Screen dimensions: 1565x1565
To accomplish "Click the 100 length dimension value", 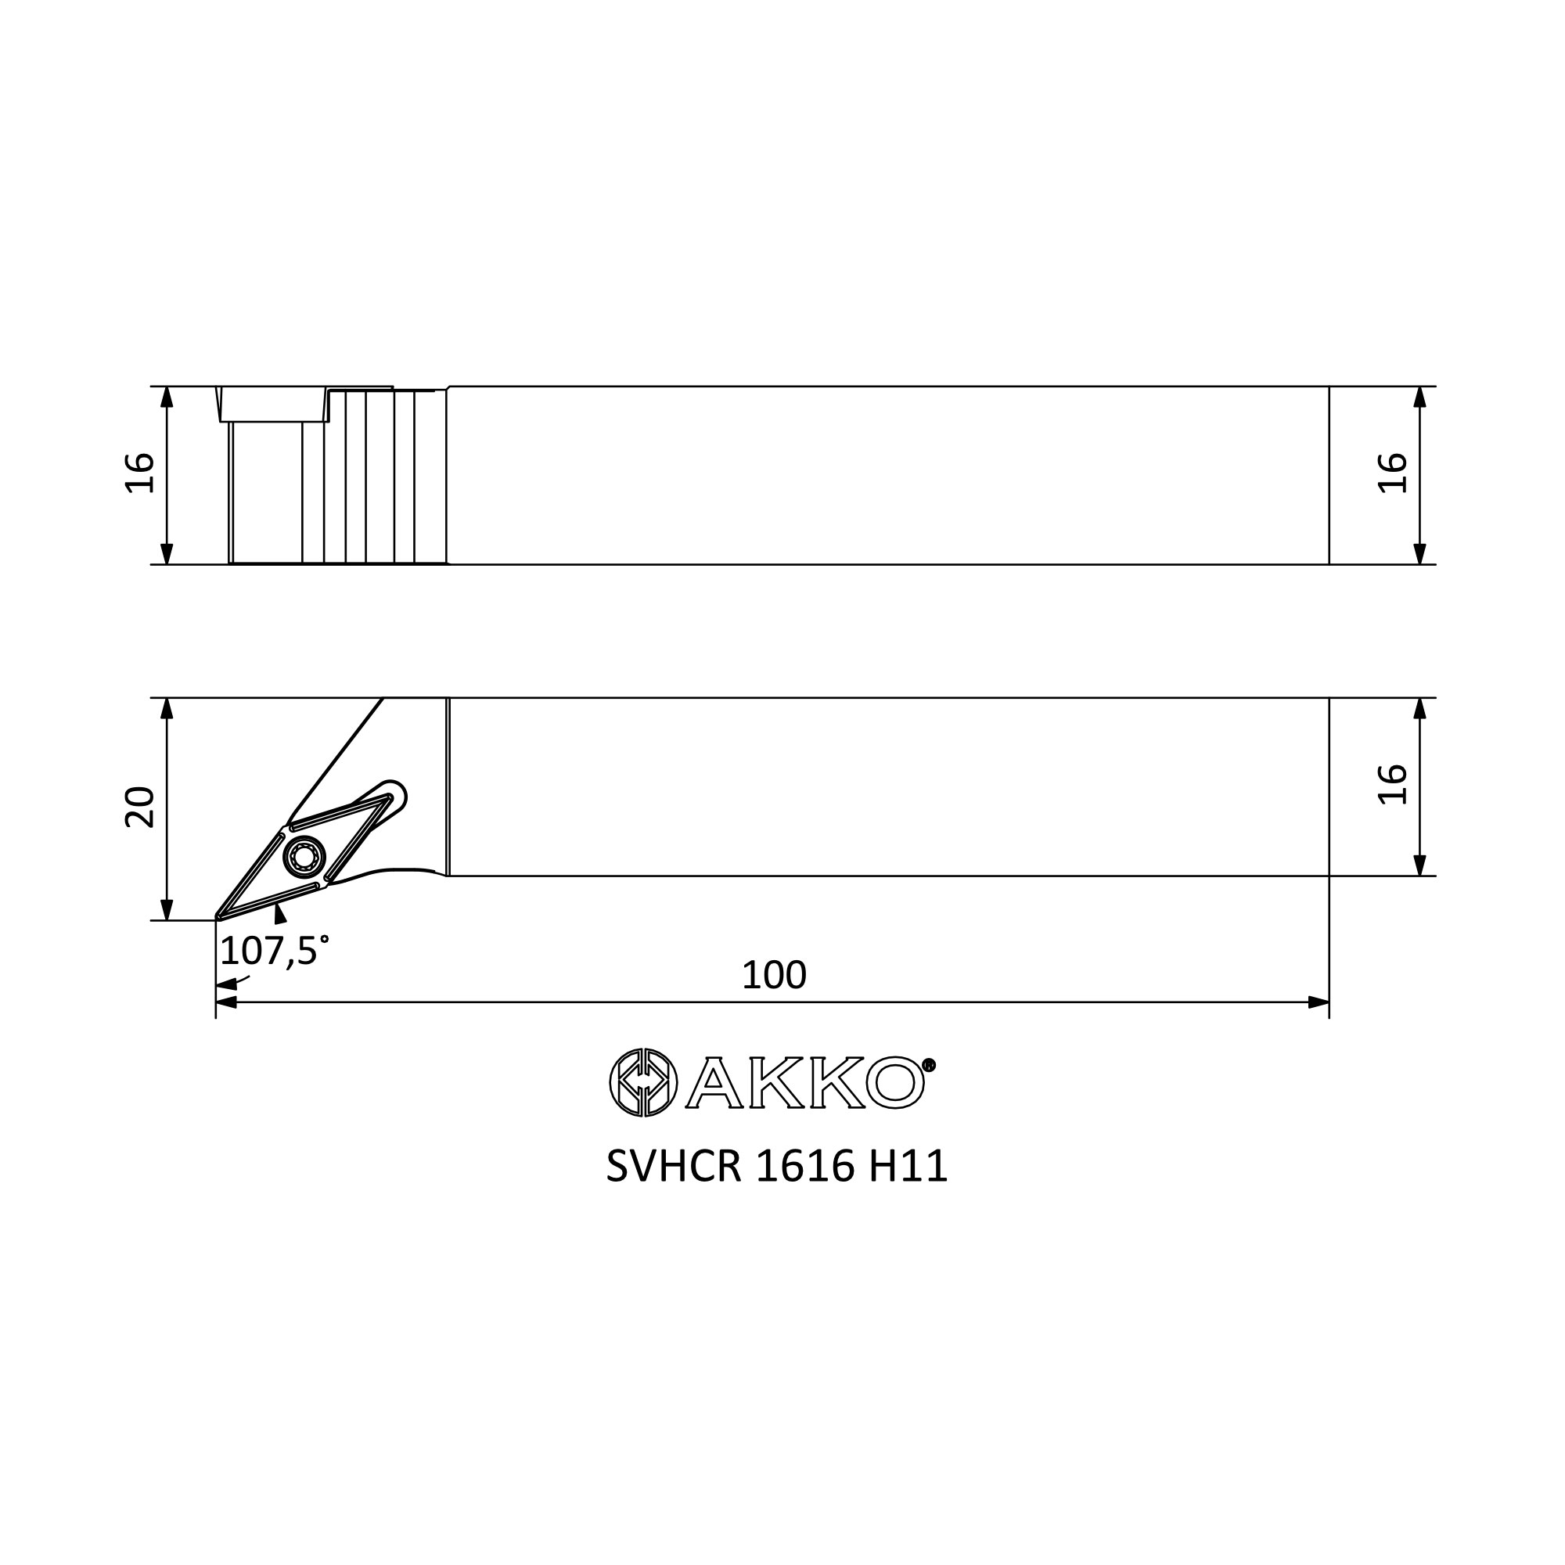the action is coord(774,975).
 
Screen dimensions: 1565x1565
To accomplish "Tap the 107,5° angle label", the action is coord(274,950).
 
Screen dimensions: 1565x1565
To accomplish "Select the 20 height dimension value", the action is coord(140,807).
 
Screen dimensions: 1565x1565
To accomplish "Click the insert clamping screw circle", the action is coord(304,856).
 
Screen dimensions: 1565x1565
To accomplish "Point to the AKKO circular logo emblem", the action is coord(643,1082).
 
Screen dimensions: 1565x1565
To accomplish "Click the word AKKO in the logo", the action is coord(805,1083).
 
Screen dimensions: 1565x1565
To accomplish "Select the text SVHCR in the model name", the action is coord(673,1167).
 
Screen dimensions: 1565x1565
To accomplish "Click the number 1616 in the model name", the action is coord(805,1167).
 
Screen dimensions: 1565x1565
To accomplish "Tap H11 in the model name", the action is coord(908,1167).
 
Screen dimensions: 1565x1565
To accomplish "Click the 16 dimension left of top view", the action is coord(140,473).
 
